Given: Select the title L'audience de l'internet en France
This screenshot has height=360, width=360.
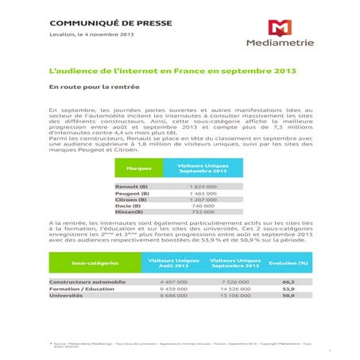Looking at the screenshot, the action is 161,72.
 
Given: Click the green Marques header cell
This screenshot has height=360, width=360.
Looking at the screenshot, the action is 139,168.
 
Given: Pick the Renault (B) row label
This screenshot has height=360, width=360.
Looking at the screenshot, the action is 132,186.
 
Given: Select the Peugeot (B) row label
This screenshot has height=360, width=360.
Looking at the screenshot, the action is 132,193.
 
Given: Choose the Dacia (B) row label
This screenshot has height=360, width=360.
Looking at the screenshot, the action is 130,206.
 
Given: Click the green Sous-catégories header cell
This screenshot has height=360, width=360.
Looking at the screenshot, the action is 95,262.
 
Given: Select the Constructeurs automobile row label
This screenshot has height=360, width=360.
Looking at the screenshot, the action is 87,282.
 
